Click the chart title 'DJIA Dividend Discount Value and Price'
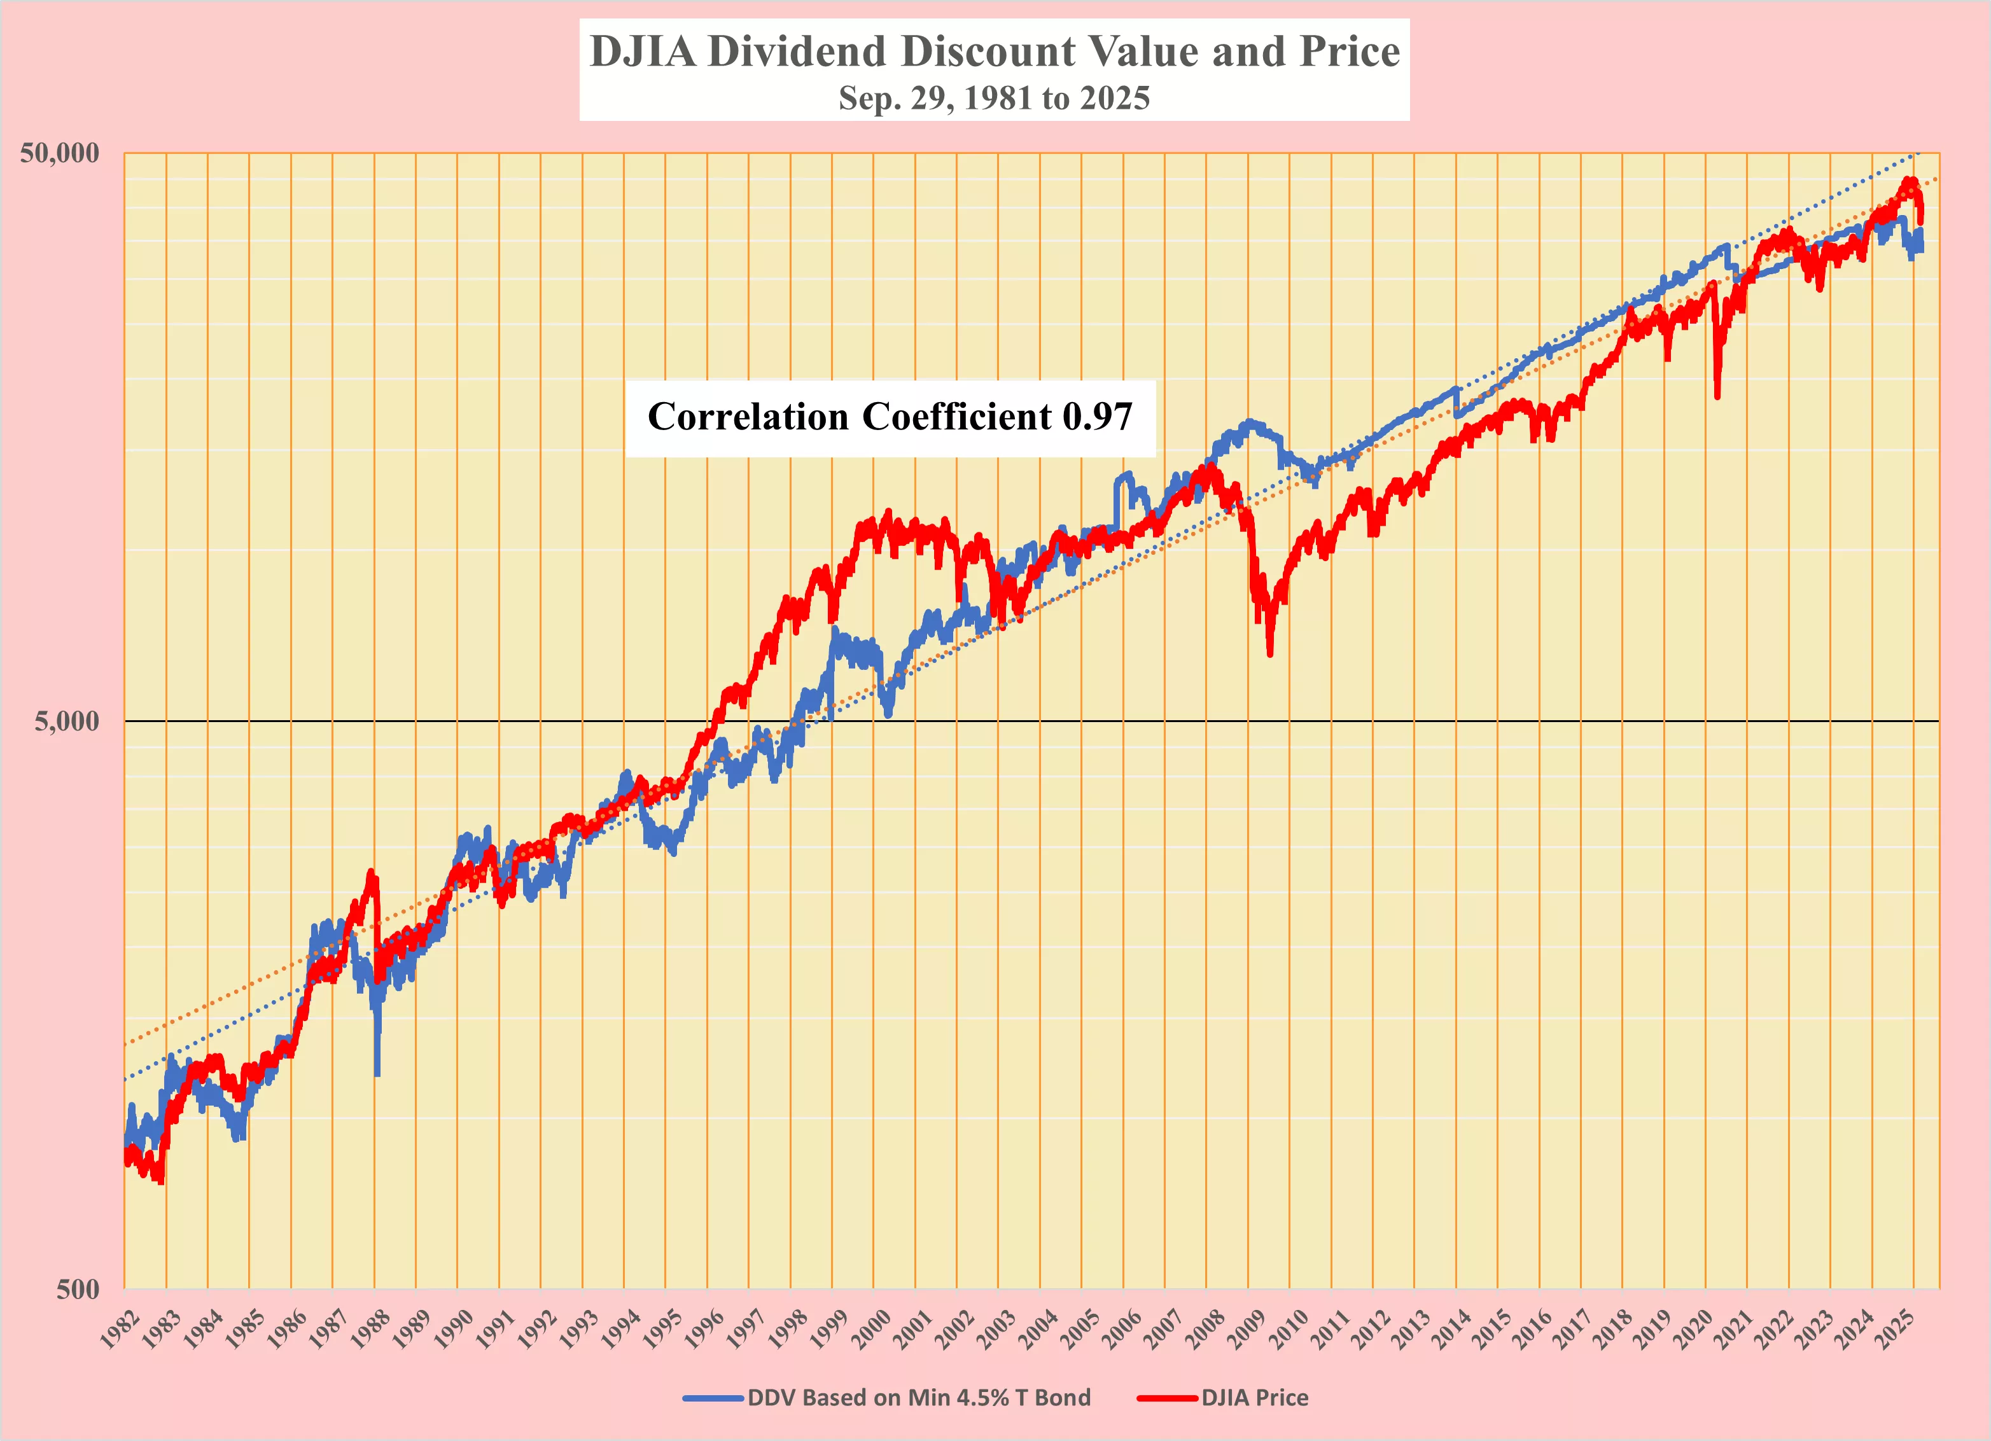coord(994,51)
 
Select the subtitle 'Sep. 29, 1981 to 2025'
coord(994,97)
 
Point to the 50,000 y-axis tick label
coord(60,153)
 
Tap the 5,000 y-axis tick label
coord(67,721)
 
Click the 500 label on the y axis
coord(77,1289)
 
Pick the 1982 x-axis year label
coord(120,1328)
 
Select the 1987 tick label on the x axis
coord(328,1328)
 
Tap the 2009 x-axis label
coord(1243,1328)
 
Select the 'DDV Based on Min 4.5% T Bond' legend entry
coord(918,1398)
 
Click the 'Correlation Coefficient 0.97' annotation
coord(890,417)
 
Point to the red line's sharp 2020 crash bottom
coord(1717,396)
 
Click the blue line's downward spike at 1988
coord(377,1073)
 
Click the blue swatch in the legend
coord(713,1398)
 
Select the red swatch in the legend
coord(1167,1398)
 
